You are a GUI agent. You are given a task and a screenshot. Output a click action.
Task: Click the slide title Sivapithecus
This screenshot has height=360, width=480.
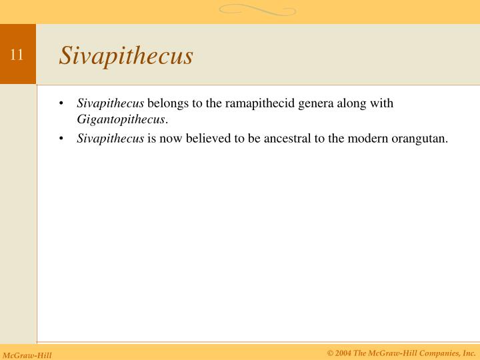[x=126, y=56]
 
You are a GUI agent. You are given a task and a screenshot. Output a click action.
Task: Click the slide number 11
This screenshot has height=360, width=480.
[x=17, y=55]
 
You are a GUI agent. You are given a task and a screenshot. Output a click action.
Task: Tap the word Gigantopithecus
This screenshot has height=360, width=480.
[x=121, y=119]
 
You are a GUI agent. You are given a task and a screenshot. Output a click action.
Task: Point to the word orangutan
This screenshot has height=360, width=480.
[x=422, y=139]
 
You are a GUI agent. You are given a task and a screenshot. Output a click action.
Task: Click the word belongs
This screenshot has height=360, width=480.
[x=168, y=103]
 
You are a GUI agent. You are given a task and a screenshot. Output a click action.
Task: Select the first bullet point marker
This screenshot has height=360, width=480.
[x=61, y=104]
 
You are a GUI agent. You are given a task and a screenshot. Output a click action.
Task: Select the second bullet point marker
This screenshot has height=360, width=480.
[x=61, y=139]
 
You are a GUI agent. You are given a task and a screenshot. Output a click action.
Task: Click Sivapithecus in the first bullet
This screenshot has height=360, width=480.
[x=111, y=103]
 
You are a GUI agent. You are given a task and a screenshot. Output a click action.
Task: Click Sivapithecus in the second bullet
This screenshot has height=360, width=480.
[x=111, y=139]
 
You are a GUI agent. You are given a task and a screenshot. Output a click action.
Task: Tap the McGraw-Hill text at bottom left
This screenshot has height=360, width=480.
[x=27, y=355]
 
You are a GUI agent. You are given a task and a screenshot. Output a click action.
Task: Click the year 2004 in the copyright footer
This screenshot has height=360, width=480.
[x=343, y=353]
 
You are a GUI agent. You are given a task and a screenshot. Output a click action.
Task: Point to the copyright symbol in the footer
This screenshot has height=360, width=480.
[x=330, y=353]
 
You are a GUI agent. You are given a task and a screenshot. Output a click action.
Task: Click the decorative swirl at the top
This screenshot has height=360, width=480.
[x=257, y=10]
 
